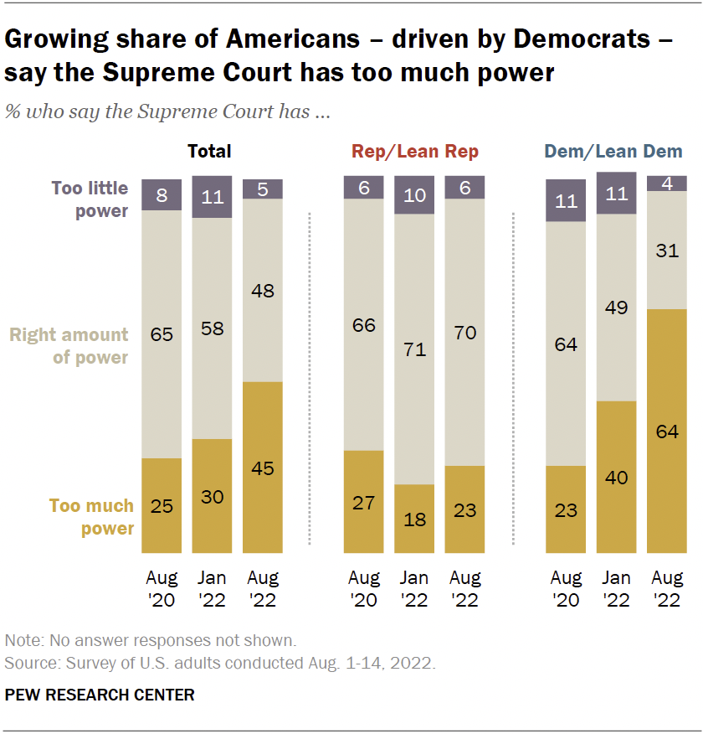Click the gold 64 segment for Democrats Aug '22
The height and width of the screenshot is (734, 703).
click(x=667, y=432)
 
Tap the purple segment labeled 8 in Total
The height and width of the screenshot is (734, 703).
click(x=162, y=194)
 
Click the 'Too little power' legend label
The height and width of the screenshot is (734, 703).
click(x=90, y=199)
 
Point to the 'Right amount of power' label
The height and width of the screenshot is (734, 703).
click(x=69, y=346)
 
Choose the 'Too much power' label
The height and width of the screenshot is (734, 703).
click(x=91, y=517)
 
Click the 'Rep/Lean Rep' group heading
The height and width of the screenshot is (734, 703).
click(x=414, y=152)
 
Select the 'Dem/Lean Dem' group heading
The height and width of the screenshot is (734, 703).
click(x=613, y=152)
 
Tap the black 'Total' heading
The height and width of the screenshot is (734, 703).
click(x=209, y=152)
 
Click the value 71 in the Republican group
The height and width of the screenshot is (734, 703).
click(x=414, y=349)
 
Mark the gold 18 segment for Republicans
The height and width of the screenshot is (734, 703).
click(x=414, y=519)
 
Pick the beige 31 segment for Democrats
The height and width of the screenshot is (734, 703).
click(x=667, y=250)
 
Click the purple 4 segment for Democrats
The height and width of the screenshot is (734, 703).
click(x=667, y=183)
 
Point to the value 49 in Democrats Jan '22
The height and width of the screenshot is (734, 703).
click(x=617, y=308)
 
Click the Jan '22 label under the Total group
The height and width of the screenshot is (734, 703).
click(x=213, y=589)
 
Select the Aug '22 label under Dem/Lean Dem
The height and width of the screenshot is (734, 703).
click(x=667, y=589)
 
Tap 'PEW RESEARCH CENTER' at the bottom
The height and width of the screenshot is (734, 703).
click(x=100, y=695)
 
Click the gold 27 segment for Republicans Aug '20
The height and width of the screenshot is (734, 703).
click(x=364, y=502)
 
